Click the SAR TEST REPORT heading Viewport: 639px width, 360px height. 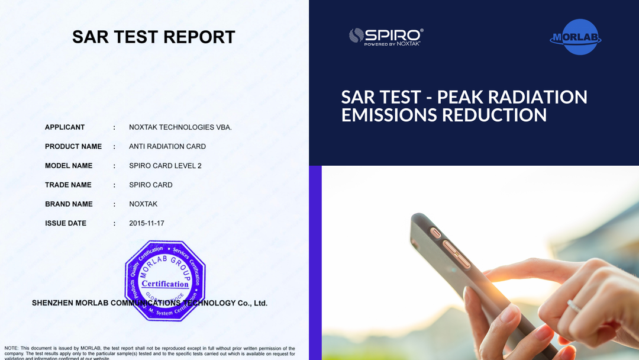[x=154, y=37]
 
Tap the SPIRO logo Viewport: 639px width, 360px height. [x=386, y=37]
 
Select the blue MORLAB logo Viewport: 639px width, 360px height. [x=575, y=37]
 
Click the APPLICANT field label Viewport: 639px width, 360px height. [x=64, y=127]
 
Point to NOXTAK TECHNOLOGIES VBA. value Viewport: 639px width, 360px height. [x=180, y=127]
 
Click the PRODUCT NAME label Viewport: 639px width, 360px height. [x=73, y=146]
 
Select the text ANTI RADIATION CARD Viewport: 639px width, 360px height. [x=167, y=146]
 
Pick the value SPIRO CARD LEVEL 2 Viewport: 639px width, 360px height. [x=165, y=166]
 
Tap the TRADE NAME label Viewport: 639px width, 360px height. [x=68, y=185]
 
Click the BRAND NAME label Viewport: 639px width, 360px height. [x=69, y=204]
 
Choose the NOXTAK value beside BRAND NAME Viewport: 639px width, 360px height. [x=143, y=204]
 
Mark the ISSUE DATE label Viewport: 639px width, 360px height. [x=66, y=223]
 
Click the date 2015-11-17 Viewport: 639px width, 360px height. [x=147, y=223]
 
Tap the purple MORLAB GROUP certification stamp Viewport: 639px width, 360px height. [x=165, y=279]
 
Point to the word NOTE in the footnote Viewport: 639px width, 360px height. [x=12, y=348]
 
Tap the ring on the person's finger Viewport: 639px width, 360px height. [x=573, y=306]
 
